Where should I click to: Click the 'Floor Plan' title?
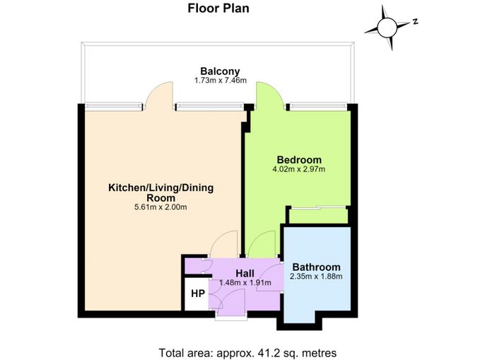219,8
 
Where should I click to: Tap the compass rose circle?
387,28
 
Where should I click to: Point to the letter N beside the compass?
416,21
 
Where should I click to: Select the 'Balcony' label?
220,71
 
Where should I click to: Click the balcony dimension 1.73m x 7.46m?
221,81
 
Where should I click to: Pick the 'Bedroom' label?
299,159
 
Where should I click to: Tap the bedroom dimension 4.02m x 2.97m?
298,169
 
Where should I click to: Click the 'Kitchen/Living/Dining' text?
161,188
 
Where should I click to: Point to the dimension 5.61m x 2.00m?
161,207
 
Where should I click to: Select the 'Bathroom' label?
316,267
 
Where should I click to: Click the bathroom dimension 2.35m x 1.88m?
316,277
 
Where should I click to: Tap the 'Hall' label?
245,273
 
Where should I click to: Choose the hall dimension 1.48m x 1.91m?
245,283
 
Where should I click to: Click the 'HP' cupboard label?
198,294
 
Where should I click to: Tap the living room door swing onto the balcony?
159,95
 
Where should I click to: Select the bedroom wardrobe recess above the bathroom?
318,216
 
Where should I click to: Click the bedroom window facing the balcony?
318,107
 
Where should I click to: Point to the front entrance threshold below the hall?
232,318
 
